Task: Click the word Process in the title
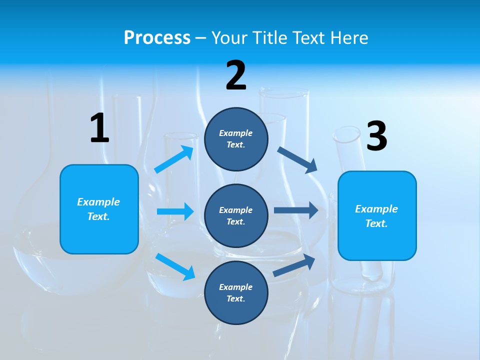[x=157, y=37]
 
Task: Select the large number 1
[x=99, y=128]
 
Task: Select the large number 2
[x=236, y=75]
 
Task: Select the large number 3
[x=376, y=136]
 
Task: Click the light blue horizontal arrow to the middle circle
[x=175, y=211]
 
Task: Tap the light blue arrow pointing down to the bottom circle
[x=175, y=266]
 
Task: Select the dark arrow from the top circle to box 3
[x=297, y=159]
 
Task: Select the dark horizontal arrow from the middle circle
[x=295, y=210]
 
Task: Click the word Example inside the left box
[x=98, y=202]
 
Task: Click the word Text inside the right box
[x=376, y=223]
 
